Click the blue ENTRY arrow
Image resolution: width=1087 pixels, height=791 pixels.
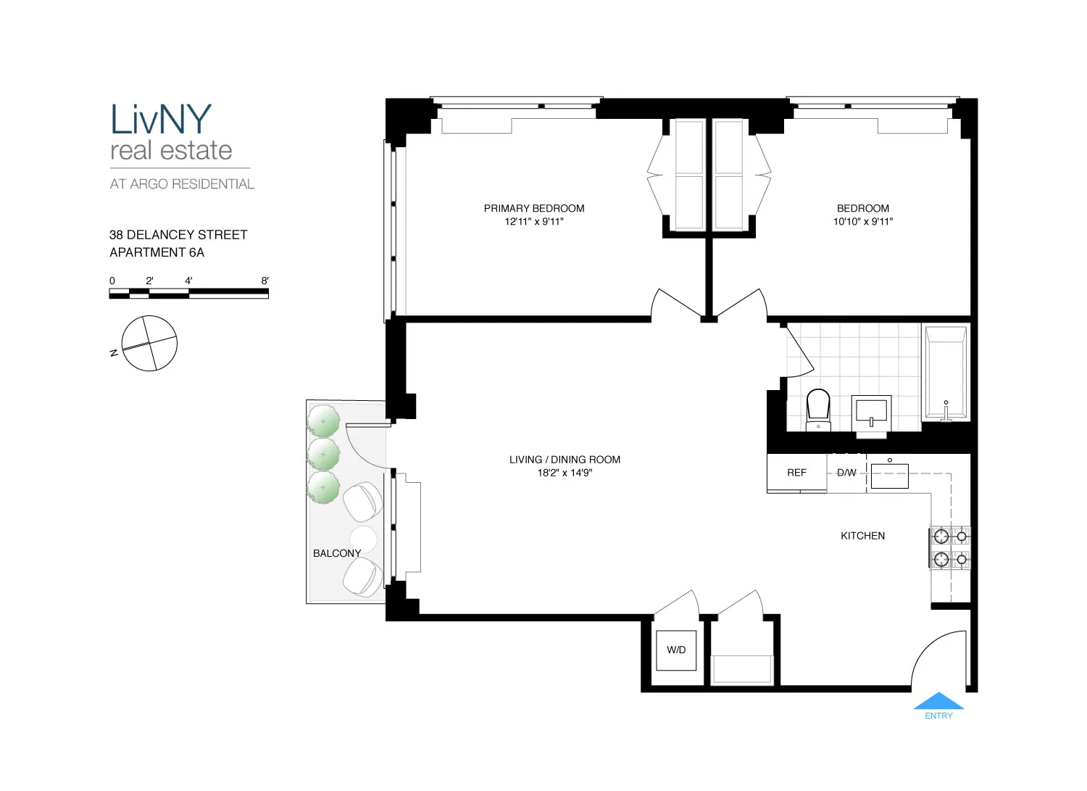938,701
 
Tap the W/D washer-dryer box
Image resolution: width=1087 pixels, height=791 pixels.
676,650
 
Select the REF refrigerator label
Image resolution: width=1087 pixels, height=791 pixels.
796,473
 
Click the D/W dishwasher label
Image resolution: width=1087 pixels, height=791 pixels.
846,473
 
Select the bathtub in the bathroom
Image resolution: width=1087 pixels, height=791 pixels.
946,373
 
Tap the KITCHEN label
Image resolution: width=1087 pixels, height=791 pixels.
862,536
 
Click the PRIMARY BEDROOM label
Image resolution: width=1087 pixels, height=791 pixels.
534,208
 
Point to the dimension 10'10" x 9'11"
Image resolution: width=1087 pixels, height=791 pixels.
862,222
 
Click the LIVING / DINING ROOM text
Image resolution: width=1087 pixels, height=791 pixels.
565,460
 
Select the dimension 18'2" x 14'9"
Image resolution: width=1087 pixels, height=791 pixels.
565,473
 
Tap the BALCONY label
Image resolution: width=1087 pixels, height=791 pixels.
337,553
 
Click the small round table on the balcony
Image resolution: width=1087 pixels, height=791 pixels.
363,539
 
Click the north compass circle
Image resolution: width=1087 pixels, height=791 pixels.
149,344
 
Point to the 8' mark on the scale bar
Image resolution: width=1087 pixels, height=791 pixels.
265,281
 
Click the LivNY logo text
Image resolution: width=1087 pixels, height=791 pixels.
161,120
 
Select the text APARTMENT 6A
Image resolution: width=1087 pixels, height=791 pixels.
157,252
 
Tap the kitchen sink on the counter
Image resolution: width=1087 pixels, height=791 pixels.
889,476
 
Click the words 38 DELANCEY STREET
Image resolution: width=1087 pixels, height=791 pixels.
178,235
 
